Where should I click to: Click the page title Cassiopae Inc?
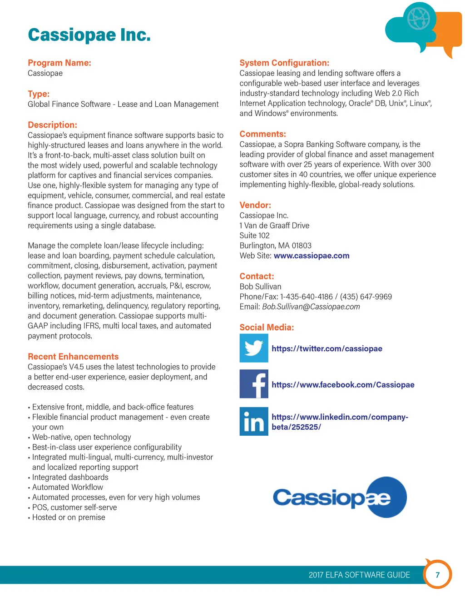[89, 35]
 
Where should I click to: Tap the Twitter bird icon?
[254, 348]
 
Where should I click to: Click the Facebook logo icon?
[254, 384]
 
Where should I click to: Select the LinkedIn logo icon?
[254, 421]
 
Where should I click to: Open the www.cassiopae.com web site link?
[312, 256]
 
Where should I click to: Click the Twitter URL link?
[326, 348]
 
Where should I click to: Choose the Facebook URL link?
[343, 385]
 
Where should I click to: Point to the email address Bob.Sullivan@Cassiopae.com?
[311, 307]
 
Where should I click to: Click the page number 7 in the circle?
[438, 575]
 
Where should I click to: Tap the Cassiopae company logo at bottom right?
[340, 497]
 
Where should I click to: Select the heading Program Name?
[59, 63]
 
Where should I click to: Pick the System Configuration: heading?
[284, 63]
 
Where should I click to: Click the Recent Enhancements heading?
[73, 357]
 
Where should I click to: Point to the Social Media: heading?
[267, 327]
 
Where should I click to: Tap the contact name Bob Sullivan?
[260, 287]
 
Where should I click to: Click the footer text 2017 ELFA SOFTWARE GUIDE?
[359, 575]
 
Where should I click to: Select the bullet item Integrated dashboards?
[70, 477]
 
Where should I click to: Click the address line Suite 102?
[255, 235]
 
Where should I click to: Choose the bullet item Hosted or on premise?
[69, 517]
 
